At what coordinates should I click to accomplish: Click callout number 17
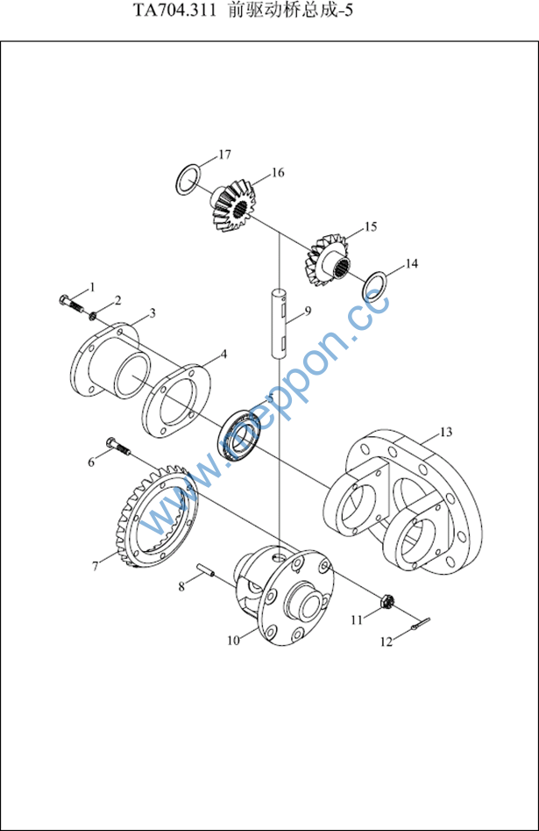pyautogui.click(x=224, y=154)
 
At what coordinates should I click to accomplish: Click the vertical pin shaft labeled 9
pyautogui.click(x=279, y=323)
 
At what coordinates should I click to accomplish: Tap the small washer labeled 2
pyautogui.click(x=92, y=316)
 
